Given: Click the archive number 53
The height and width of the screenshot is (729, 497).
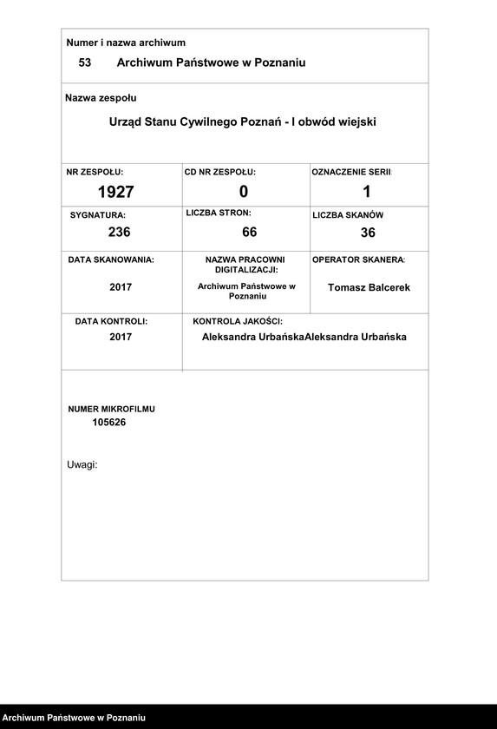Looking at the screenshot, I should click(85, 62).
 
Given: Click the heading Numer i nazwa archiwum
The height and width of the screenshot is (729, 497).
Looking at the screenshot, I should click(126, 43).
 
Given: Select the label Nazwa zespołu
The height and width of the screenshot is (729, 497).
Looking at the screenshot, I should click(101, 98).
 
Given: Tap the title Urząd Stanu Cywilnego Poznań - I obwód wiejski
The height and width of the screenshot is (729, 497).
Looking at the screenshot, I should click(243, 122).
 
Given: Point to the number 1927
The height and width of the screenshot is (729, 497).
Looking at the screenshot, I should click(115, 192).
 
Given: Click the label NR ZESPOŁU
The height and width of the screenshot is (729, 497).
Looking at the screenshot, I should click(95, 173).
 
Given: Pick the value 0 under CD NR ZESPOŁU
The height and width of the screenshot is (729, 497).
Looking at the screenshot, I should click(244, 192).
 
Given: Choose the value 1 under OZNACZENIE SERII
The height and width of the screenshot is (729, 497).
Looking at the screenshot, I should click(367, 192).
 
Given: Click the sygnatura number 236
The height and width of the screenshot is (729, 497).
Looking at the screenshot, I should click(120, 232).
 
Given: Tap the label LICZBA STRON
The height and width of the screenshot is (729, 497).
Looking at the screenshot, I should click(219, 213).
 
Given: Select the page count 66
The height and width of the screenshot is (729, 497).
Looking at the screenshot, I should click(250, 232).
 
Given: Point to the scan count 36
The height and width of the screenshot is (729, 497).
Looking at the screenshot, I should click(368, 233).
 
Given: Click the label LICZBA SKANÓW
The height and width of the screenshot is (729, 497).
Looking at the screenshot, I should click(348, 214).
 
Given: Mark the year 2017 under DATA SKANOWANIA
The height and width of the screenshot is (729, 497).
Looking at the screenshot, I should click(121, 287).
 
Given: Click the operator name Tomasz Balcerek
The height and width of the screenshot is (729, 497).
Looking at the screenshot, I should click(369, 287).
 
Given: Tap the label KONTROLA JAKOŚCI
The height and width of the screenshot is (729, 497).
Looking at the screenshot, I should click(238, 321).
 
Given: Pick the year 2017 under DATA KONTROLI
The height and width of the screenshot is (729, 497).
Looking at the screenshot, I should click(121, 337).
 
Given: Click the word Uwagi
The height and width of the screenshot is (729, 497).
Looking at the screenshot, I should click(82, 464).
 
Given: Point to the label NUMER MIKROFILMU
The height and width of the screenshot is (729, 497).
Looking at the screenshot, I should click(112, 408).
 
